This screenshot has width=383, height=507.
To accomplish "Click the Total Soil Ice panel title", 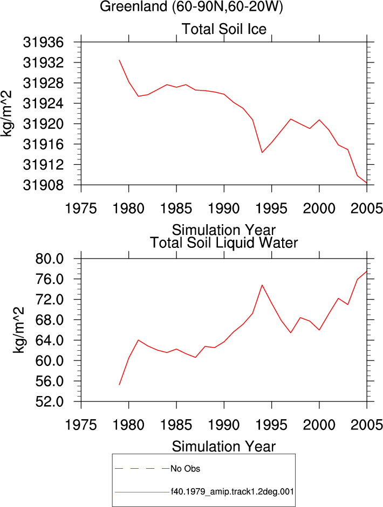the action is coord(224,29).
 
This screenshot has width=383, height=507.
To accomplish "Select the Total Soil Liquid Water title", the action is coord(224,242).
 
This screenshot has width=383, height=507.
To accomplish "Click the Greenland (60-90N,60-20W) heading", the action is coord(191,6).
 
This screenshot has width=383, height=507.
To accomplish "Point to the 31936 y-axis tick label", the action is coord(43,42).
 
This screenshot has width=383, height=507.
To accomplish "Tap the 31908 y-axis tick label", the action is coord(43,185).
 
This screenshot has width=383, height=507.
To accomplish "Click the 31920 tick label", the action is coord(43,124).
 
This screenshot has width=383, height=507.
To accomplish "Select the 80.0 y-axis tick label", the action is coord(49,259).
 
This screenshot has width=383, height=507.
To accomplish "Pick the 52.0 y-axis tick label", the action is coord(49,401).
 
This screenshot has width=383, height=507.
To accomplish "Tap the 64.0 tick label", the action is coord(49,340).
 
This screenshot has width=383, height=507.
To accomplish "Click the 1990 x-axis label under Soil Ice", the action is coord(224,208).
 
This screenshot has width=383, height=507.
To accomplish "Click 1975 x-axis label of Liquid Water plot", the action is coord(81,425).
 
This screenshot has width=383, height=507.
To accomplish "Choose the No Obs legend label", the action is coord(185,469).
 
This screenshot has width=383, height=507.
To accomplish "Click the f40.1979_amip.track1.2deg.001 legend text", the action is coord(232,492).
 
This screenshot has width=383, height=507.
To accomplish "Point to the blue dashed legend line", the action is coord(142,469).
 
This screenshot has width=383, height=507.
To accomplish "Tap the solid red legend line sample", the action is coord(142,492).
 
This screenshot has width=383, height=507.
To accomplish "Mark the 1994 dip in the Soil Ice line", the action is coord(262,152).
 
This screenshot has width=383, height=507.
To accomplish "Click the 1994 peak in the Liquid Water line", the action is coord(262,285).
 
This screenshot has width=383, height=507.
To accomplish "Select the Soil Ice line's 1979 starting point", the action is coord(119,60).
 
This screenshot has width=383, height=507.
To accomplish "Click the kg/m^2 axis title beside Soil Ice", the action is coord(6,114).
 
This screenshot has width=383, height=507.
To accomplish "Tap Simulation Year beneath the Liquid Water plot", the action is coord(224,447).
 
